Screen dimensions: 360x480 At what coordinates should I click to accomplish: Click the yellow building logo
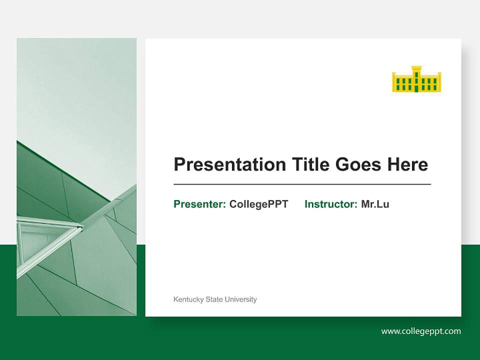[416, 79]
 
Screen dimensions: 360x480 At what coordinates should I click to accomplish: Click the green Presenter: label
[199, 204]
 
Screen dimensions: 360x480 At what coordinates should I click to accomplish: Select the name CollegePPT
[258, 204]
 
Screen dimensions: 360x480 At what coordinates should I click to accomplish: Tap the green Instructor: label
[330, 204]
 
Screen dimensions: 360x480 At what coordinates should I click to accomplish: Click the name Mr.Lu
[375, 204]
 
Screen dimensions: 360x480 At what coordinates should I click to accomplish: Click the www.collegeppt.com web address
[421, 331]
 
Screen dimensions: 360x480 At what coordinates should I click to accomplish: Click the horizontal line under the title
[302, 184]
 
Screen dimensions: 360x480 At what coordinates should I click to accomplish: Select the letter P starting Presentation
[179, 164]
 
